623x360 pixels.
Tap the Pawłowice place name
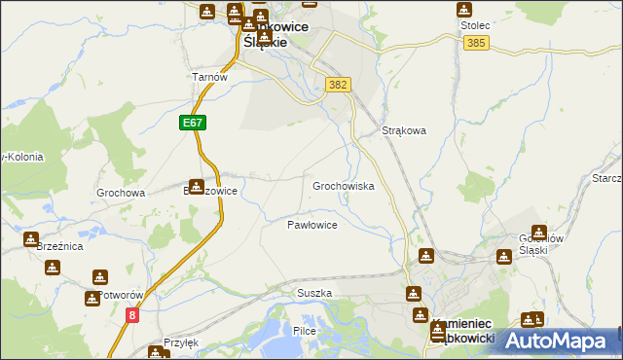(311, 225)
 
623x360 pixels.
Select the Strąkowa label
(404, 130)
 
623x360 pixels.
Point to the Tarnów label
(209, 78)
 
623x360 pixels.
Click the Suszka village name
(314, 293)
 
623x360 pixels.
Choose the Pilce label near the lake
(306, 331)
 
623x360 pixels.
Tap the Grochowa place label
(121, 193)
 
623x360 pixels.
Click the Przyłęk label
(181, 342)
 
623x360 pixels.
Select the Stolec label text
(473, 27)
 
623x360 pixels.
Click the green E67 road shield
(192, 123)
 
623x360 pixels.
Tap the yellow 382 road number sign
(338, 86)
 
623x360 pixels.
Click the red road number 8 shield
(132, 315)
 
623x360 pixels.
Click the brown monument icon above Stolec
(465, 10)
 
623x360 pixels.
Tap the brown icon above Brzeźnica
(31, 238)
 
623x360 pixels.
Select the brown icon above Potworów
(94, 276)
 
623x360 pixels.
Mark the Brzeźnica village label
(59, 248)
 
